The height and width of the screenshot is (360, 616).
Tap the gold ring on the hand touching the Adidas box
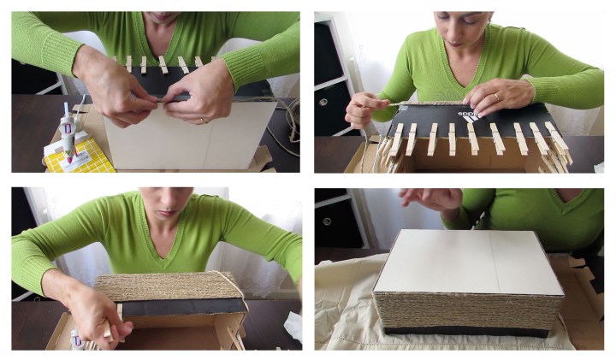pyautogui.click(x=497, y=97)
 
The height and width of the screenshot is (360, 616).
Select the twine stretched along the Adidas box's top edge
pyautogui.click(x=402, y=103)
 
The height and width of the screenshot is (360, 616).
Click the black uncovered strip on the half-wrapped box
pyautogui.click(x=180, y=306)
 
